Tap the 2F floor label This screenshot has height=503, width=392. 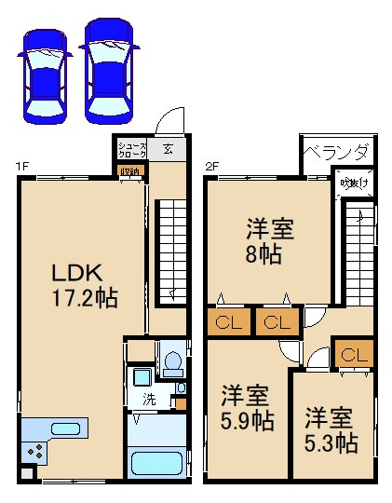[x=211, y=168]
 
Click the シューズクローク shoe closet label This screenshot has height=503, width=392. [x=128, y=150]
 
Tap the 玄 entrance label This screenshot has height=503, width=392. [x=168, y=148]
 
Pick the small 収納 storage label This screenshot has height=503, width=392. [x=128, y=170]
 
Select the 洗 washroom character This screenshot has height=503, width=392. [x=149, y=401]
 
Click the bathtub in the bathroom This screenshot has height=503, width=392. [x=155, y=464]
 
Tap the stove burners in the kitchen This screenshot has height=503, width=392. [x=36, y=451]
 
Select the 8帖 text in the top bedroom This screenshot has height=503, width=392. [x=270, y=254]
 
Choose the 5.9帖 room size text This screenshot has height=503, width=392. [x=247, y=421]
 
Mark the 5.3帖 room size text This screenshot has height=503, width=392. [x=331, y=442]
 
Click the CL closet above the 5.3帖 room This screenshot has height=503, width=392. [x=353, y=356]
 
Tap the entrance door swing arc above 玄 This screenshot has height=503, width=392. [x=168, y=123]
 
